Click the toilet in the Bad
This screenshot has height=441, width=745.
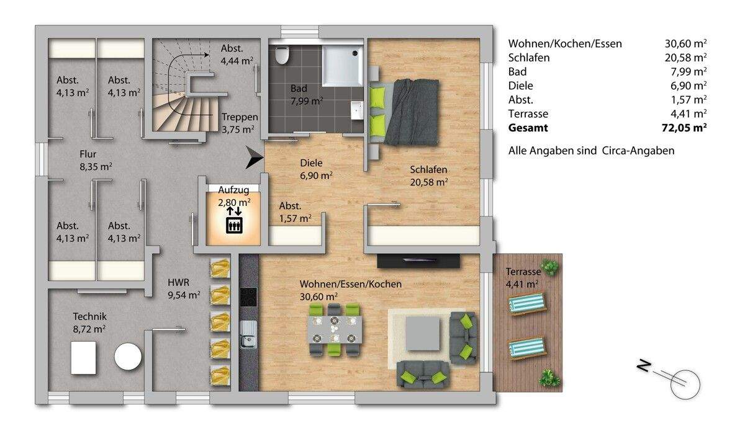[282, 55]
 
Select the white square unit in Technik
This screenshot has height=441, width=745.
[83, 358]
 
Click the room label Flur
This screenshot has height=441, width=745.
[88, 154]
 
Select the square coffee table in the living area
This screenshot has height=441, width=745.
[423, 334]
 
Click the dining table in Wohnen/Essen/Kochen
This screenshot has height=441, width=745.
[335, 329]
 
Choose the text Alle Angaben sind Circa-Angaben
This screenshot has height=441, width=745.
[590, 151]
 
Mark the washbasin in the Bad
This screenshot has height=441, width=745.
[356, 110]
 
